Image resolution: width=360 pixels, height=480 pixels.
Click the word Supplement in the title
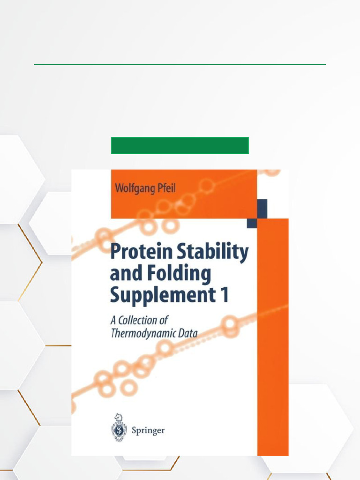click(x=160, y=295)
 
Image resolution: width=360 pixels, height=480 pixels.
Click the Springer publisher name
click(x=148, y=430)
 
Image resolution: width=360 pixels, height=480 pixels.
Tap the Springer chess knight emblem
click(x=119, y=427)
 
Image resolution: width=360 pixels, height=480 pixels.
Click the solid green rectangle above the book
click(x=180, y=145)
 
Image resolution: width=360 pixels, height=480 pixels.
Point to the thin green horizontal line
click(x=180, y=65)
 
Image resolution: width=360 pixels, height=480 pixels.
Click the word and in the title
click(x=122, y=274)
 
